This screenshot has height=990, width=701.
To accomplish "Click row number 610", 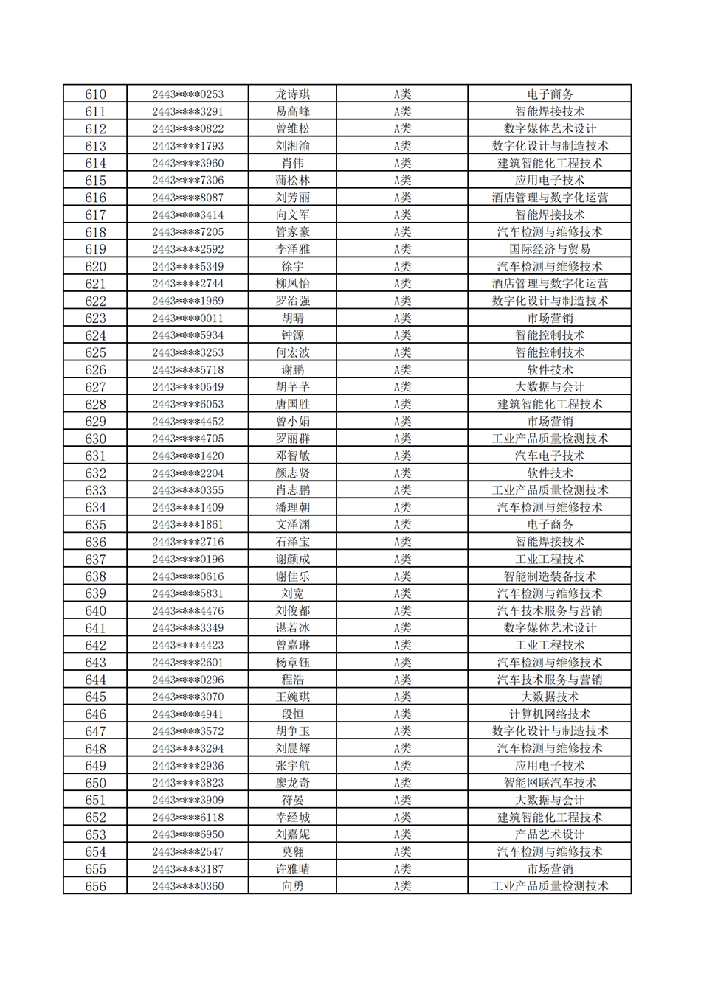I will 95,94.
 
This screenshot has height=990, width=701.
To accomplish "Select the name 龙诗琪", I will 292,94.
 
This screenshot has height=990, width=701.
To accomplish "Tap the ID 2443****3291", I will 187,111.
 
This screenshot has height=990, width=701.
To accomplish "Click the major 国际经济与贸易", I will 549,249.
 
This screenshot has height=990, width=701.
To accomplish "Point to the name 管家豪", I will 292,232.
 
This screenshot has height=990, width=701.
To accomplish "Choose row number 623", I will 95,318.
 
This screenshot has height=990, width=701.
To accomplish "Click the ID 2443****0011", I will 187,318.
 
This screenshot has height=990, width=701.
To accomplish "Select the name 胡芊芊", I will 292,387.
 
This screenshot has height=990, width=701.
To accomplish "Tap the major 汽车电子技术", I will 549,456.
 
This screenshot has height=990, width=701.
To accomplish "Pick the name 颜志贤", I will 292,473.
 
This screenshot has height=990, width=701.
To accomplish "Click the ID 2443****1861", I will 187,525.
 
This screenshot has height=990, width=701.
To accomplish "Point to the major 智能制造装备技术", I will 549,576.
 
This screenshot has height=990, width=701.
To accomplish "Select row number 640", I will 95,611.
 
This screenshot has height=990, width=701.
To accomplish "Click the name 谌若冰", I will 292,628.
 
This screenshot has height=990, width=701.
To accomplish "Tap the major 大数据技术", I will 549,697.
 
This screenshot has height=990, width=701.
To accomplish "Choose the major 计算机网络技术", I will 549,714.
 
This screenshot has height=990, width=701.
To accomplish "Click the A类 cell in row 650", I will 401,783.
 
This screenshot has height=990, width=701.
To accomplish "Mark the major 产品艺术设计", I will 549,834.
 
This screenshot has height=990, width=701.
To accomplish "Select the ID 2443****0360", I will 187,886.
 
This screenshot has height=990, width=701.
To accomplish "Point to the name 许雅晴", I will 292,869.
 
